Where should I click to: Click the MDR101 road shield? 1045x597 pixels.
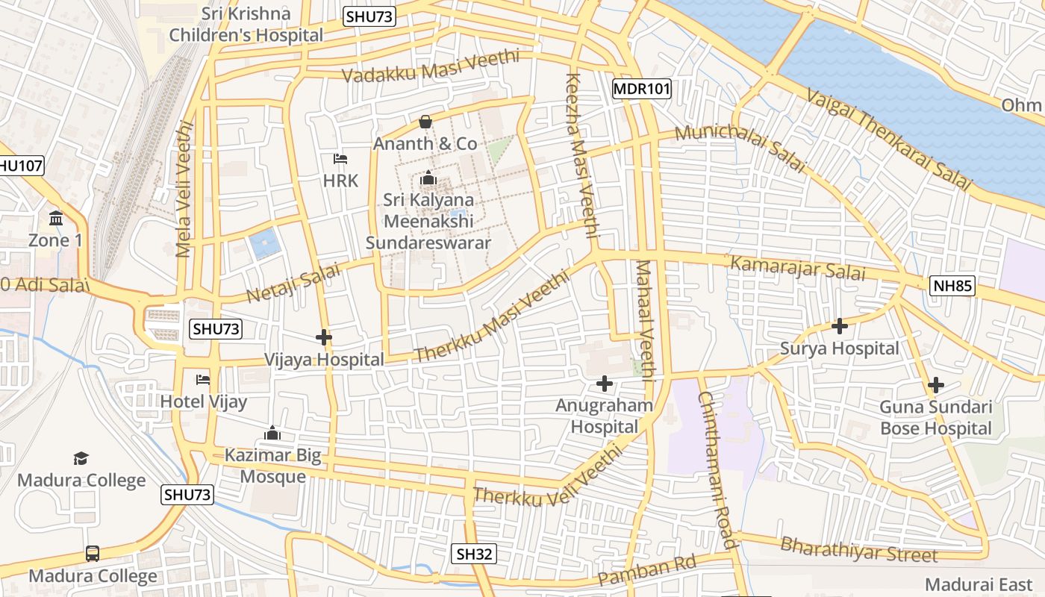pyautogui.click(x=641, y=90)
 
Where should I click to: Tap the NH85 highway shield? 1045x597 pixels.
pyautogui.click(x=953, y=285)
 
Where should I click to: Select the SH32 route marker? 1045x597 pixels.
pyautogui.click(x=475, y=553)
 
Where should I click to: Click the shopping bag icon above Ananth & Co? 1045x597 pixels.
pyautogui.click(x=425, y=122)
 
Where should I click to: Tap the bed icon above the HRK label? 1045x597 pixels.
pyautogui.click(x=340, y=159)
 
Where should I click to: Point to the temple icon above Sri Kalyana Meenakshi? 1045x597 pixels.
pyautogui.click(x=428, y=178)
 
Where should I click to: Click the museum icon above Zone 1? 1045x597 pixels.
pyautogui.click(x=56, y=219)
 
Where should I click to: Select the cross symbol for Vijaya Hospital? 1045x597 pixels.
pyautogui.click(x=323, y=337)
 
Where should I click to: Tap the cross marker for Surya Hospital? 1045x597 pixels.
pyautogui.click(x=840, y=326)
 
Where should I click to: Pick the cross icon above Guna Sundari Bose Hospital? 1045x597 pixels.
pyautogui.click(x=935, y=385)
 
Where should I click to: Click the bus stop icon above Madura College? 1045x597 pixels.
pyautogui.click(x=93, y=554)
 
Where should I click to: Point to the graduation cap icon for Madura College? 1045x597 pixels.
pyautogui.click(x=81, y=457)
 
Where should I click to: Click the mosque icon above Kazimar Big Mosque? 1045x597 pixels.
pyautogui.click(x=272, y=433)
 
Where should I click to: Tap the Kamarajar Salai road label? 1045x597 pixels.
pyautogui.click(x=798, y=268)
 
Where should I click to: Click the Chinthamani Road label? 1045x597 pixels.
pyautogui.click(x=718, y=470)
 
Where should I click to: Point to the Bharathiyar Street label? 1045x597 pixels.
pyautogui.click(x=858, y=550)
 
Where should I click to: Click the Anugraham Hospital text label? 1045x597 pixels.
pyautogui.click(x=604, y=416)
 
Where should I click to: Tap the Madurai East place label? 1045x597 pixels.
pyautogui.click(x=978, y=584)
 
